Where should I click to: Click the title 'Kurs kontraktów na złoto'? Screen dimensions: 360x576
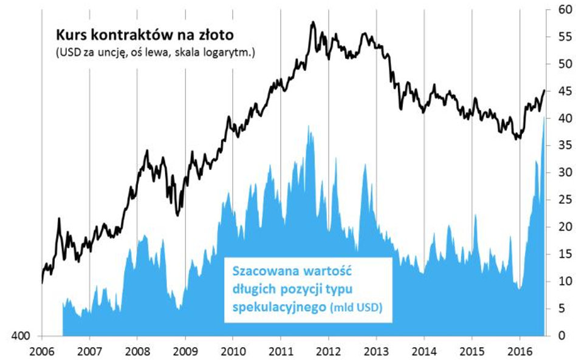coord(145,34)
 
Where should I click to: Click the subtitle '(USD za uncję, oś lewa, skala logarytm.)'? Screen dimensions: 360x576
coord(154,53)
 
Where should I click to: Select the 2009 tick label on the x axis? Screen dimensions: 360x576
coord(185,351)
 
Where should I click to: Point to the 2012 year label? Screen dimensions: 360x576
coord(328,351)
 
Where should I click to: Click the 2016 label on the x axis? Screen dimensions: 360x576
coord(519,351)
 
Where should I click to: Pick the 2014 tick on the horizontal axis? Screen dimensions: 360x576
coord(424,351)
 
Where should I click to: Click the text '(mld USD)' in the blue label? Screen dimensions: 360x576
coord(355,308)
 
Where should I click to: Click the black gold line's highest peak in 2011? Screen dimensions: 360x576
coord(312,22)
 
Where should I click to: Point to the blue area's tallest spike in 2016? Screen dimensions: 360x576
coord(543,117)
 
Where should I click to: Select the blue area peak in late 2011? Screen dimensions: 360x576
coord(309,126)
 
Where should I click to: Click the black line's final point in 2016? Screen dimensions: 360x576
coord(544,90)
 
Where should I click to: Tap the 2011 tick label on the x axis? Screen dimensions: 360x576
coord(280,351)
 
